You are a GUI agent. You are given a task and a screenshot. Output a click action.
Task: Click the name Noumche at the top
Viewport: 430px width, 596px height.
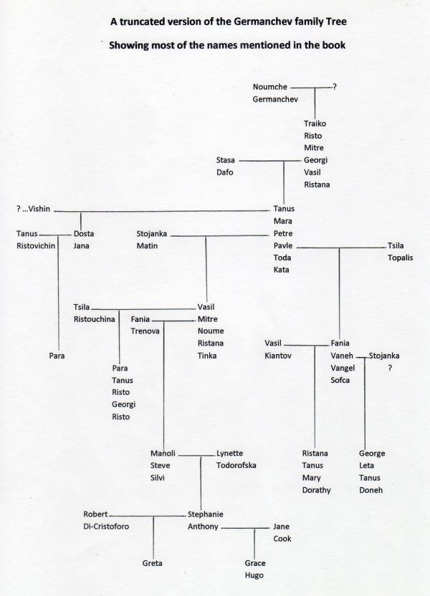point(269,87)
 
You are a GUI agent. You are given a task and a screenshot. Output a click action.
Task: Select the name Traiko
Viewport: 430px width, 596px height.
point(315,124)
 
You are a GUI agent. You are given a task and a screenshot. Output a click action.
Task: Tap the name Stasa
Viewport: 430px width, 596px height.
point(225,160)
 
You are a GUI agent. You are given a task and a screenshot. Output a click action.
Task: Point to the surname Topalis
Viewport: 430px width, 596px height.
point(400,258)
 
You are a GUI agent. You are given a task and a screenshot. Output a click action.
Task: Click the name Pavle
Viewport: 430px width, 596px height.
point(282,245)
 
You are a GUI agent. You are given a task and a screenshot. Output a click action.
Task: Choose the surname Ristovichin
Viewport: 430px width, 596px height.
point(36,246)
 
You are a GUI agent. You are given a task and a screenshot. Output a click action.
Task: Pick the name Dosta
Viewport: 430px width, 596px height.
point(84,234)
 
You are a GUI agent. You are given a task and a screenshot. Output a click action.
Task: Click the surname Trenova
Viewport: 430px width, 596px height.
point(145,331)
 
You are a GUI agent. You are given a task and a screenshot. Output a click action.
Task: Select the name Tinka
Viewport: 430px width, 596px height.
point(207,356)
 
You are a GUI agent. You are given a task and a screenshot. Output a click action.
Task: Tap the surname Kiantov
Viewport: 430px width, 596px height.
point(277,356)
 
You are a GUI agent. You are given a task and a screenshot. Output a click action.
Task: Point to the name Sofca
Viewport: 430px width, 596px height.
point(340,380)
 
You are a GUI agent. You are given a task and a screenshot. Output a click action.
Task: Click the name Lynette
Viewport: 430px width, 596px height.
point(229,454)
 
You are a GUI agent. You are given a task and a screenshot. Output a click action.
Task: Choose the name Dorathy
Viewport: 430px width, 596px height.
point(316,490)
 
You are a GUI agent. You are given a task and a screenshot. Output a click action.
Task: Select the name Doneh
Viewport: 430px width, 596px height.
point(371,490)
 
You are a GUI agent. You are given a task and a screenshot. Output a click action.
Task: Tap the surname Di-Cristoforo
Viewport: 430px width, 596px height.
point(106,527)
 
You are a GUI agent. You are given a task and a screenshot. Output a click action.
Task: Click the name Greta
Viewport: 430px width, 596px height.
point(152,563)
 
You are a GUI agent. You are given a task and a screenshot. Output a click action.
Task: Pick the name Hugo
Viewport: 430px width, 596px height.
point(254,575)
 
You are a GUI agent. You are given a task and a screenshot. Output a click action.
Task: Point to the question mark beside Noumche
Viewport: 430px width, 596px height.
point(335,87)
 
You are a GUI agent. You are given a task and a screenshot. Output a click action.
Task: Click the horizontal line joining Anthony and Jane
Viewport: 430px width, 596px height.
point(245,528)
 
